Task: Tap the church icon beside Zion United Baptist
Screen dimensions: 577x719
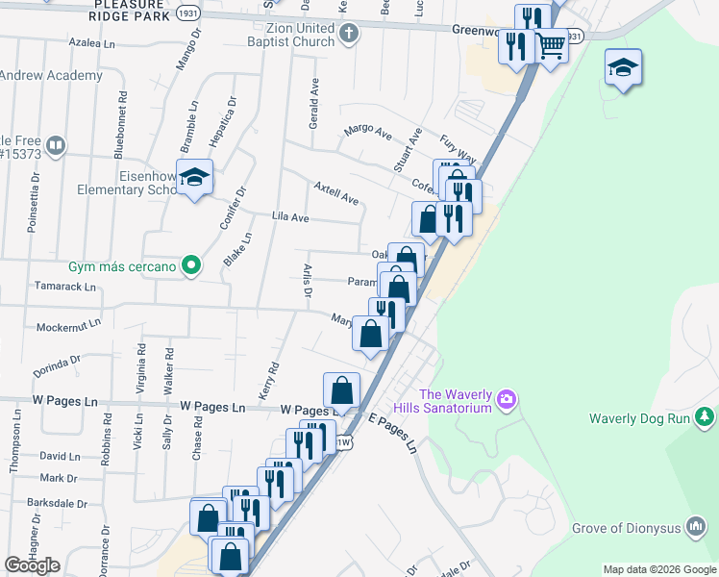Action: [349, 35]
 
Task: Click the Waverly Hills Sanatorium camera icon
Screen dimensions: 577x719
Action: [508, 398]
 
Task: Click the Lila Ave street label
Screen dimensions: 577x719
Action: [290, 218]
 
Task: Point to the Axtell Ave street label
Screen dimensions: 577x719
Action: [336, 192]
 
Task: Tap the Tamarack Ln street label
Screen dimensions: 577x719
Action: [64, 287]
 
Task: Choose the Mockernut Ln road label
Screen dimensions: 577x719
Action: [67, 327]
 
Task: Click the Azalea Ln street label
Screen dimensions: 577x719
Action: [92, 43]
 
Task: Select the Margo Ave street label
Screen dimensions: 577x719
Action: [368, 130]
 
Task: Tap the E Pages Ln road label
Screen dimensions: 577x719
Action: [392, 433]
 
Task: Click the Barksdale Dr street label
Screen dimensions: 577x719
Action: [57, 503]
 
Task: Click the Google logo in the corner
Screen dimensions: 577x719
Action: [32, 565]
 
